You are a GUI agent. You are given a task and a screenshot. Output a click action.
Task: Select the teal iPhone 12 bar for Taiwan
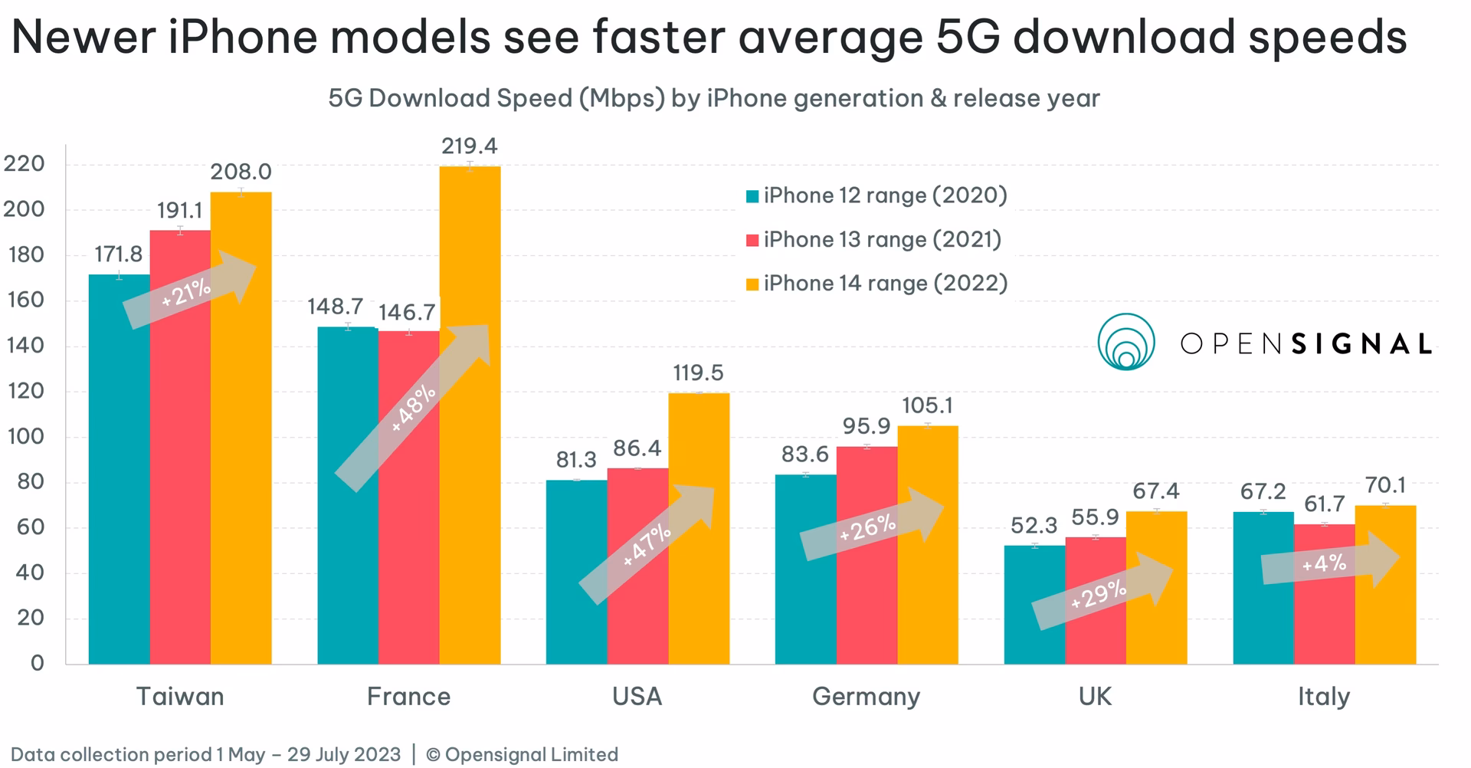pyautogui.click(x=119, y=491)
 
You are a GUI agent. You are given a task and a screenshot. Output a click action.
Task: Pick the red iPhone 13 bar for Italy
pyautogui.click(x=1324, y=613)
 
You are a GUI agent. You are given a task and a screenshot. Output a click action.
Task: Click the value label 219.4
pyautogui.click(x=469, y=146)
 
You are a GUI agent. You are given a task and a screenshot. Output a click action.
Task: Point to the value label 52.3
pyautogui.click(x=1034, y=526)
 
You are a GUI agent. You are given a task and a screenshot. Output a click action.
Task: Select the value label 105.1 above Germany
pyautogui.click(x=927, y=405)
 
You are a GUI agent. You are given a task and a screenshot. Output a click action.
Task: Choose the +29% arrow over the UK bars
pyautogui.click(x=1100, y=593)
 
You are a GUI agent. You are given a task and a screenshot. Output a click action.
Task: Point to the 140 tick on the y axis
pyautogui.click(x=25, y=346)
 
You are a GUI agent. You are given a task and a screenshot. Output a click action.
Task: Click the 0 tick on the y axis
pyautogui.click(x=37, y=663)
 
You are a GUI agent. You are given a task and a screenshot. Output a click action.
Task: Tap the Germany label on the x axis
pyautogui.click(x=866, y=697)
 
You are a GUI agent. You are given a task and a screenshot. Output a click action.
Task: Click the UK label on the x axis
pyautogui.click(x=1094, y=697)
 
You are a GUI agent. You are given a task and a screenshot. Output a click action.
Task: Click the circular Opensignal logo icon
pyautogui.click(x=1125, y=342)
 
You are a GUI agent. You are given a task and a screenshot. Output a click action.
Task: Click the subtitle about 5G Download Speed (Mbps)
pyautogui.click(x=713, y=99)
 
